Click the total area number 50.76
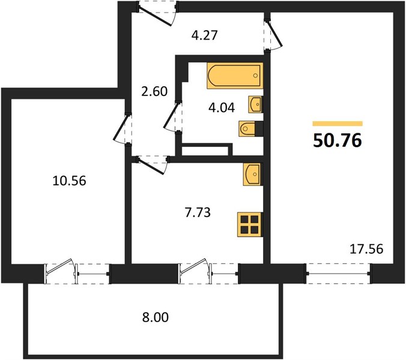(x=337, y=141)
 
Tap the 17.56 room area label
(x=366, y=250)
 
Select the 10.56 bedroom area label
(x=69, y=181)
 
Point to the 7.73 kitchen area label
(x=198, y=212)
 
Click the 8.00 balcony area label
(x=156, y=317)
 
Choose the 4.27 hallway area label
(x=204, y=35)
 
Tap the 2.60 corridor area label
(x=154, y=91)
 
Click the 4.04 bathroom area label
(x=222, y=107)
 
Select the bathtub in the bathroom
(x=235, y=76)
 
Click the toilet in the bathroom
(x=250, y=128)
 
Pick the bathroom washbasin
(x=256, y=104)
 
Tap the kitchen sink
(x=253, y=175)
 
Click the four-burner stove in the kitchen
(x=250, y=224)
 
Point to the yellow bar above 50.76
(x=338, y=124)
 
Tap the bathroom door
(x=173, y=117)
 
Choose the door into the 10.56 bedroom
(x=123, y=128)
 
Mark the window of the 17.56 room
(x=338, y=274)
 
